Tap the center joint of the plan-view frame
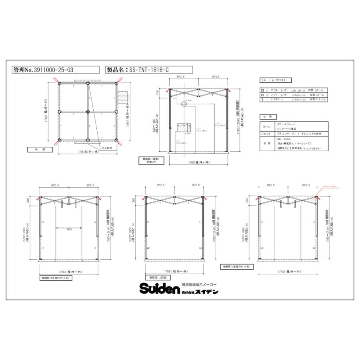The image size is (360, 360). [88, 112]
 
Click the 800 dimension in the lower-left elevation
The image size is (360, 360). [69, 229]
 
